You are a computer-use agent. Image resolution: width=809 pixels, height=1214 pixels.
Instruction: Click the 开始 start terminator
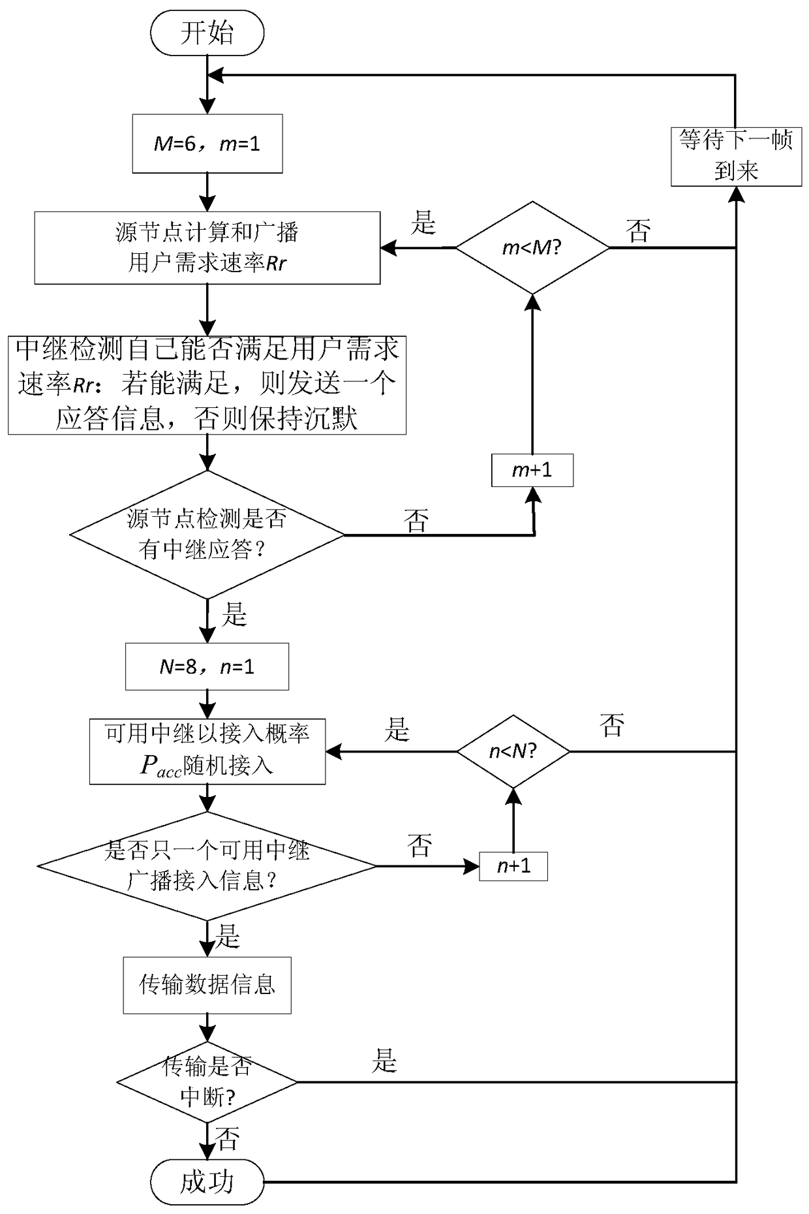pyautogui.click(x=207, y=33)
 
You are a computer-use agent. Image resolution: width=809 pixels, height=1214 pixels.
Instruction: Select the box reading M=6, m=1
pyautogui.click(x=207, y=144)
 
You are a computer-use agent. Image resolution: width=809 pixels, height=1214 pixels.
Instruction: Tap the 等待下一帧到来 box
pyautogui.click(x=736, y=157)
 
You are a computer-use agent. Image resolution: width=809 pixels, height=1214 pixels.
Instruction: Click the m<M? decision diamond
pyautogui.click(x=532, y=248)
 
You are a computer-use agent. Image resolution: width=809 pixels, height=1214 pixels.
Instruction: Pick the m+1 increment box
pyautogui.click(x=532, y=470)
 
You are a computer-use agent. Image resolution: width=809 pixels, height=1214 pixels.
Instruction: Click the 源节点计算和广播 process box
pyautogui.click(x=207, y=248)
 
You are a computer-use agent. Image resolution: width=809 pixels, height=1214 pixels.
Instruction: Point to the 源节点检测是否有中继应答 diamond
pyautogui.click(x=207, y=535)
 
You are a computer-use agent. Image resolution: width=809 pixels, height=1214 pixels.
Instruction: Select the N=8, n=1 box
pyautogui.click(x=207, y=667)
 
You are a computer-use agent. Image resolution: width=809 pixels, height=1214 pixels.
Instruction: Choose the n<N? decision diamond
pyautogui.click(x=513, y=751)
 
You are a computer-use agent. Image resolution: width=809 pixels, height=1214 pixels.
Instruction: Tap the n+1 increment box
pyautogui.click(x=513, y=866)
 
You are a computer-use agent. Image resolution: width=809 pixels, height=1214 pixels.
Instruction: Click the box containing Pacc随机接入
pyautogui.click(x=207, y=751)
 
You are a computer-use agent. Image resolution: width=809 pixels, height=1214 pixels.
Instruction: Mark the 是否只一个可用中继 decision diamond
pyautogui.click(x=207, y=866)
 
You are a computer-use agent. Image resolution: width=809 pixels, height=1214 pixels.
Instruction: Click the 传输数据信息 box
pyautogui.click(x=207, y=985)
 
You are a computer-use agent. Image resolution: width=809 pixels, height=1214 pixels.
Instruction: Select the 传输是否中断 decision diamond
pyautogui.click(x=207, y=1082)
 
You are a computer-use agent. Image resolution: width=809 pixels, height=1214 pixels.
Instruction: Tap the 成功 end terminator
pyautogui.click(x=207, y=1181)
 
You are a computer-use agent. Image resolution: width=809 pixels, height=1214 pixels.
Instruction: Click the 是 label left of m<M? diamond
pyautogui.click(x=423, y=223)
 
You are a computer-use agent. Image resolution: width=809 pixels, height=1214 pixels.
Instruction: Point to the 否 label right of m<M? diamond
pyautogui.click(x=638, y=230)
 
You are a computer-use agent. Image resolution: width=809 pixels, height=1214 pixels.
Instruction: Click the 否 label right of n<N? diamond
pyautogui.click(x=612, y=725)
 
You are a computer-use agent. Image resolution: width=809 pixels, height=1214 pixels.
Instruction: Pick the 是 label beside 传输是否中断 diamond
pyautogui.click(x=384, y=1061)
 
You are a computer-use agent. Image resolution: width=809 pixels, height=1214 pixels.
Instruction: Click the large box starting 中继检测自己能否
pyautogui.click(x=207, y=385)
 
